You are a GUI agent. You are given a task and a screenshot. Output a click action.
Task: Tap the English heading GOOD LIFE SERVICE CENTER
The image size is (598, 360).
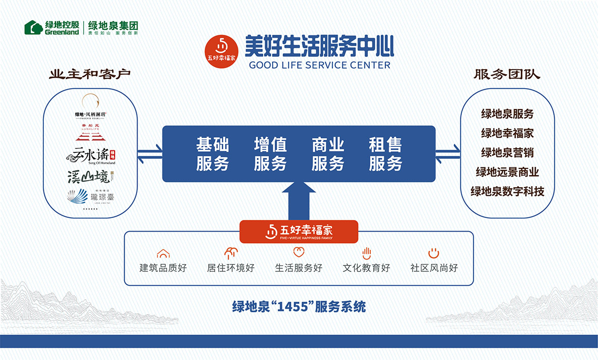tap(319, 65)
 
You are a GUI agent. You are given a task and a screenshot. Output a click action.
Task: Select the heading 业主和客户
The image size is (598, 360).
tap(90, 75)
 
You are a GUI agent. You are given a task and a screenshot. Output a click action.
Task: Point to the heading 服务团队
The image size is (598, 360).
tap(507, 75)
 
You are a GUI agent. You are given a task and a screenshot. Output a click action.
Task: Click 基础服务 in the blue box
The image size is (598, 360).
tap(212, 154)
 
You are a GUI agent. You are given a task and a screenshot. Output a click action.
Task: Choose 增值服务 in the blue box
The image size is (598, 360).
tap(270, 154)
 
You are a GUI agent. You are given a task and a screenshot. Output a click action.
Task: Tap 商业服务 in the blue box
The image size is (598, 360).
tap(328, 154)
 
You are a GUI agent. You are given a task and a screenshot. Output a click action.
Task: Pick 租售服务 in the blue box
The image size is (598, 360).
tap(385, 154)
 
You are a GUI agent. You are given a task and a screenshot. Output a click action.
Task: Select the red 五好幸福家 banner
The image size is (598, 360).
tap(299, 231)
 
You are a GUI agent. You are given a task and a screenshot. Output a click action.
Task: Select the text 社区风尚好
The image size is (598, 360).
tap(434, 268)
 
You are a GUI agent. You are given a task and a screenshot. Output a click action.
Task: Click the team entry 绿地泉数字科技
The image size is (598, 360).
tap(507, 191)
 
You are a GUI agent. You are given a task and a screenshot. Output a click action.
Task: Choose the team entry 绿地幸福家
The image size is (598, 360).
tap(507, 133)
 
